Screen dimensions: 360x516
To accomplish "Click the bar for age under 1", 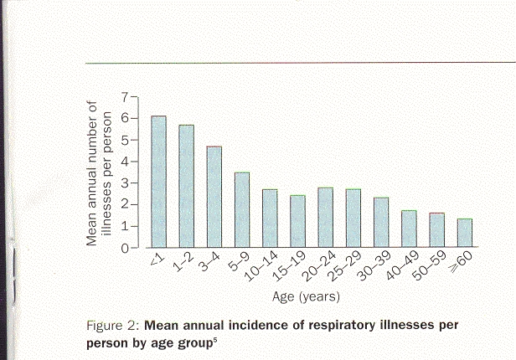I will click(x=158, y=182).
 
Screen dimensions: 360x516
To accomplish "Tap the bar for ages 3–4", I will click(x=214, y=197).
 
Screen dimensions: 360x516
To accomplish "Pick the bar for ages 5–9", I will click(x=241, y=210).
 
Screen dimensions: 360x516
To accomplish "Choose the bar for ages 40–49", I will click(x=409, y=229).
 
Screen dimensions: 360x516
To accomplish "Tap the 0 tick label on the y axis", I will click(x=124, y=248).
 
